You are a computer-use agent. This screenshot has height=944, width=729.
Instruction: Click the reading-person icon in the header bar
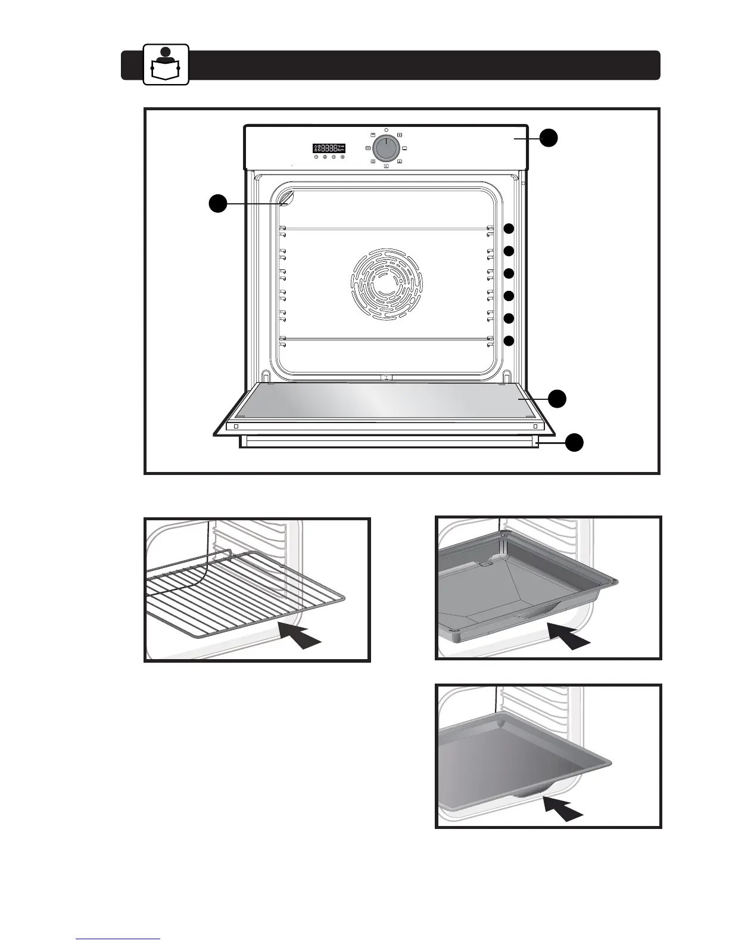[x=166, y=64]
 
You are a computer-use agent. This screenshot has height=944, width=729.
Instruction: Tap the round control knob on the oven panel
[x=386, y=147]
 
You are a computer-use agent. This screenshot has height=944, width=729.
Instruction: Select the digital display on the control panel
[x=329, y=148]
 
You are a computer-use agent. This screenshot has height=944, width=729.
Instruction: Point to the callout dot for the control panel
[x=549, y=138]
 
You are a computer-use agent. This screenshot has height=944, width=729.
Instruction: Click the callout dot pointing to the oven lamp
[x=217, y=204]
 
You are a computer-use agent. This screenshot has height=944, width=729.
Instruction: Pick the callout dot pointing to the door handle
[x=574, y=443]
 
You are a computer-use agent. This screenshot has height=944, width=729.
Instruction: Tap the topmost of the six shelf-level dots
[x=509, y=229]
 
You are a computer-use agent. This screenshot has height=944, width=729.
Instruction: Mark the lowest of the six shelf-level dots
[x=509, y=341]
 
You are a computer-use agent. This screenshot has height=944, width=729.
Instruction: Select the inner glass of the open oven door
[x=387, y=400]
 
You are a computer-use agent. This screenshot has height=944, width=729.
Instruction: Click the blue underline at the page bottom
[x=118, y=939]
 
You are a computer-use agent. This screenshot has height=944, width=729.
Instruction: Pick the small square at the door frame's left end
[x=236, y=427]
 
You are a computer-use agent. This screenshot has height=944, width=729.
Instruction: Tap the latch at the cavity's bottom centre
[x=386, y=377]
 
